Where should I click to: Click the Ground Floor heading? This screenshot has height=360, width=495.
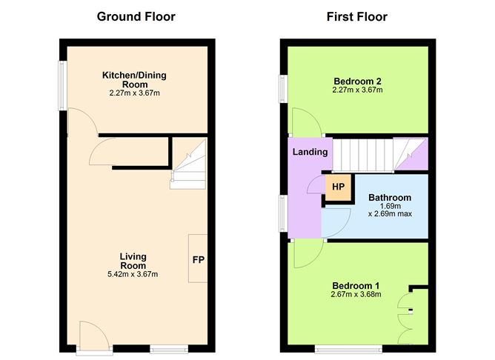(136, 16)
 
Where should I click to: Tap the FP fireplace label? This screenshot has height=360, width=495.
(199, 260)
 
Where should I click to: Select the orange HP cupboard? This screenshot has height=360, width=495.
(338, 187)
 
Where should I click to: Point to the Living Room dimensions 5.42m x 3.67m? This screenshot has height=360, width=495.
(133, 275)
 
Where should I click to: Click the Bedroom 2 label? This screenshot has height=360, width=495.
(357, 81)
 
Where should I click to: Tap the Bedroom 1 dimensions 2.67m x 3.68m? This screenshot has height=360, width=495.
(356, 294)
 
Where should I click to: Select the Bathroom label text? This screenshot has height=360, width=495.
(390, 198)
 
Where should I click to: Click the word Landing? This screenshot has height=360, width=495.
(310, 152)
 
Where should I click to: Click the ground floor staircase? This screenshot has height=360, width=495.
(189, 165)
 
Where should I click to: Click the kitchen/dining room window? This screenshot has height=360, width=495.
(64, 84)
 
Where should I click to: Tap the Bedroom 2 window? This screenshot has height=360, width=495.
(282, 87)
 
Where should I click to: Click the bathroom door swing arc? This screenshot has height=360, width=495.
(336, 221)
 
